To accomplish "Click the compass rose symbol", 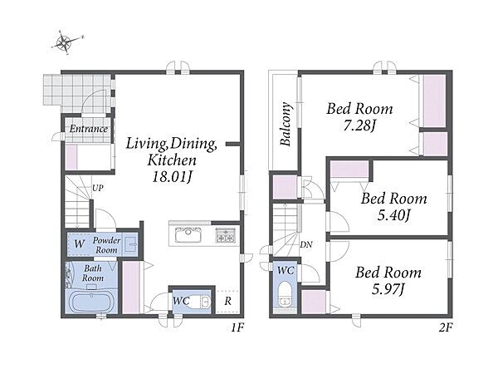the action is [66, 42].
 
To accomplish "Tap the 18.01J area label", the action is [172, 177].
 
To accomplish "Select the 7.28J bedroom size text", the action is [359, 126].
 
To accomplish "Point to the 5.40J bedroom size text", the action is [393, 215].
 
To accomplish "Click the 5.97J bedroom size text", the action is [388, 289].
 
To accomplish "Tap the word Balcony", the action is [286, 124].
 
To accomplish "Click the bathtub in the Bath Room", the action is [91, 302].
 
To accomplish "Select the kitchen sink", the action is [188, 235].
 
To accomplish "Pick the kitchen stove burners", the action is [226, 235].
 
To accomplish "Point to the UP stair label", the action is [97, 188].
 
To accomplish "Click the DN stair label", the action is [306, 244].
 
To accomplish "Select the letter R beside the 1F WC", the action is [227, 301].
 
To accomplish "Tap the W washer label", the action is [80, 244].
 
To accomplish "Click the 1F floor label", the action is [237, 327].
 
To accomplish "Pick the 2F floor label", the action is [445, 327].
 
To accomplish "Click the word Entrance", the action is [89, 129].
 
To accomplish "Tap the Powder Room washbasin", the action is [130, 244].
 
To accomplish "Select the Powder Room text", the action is [106, 245].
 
